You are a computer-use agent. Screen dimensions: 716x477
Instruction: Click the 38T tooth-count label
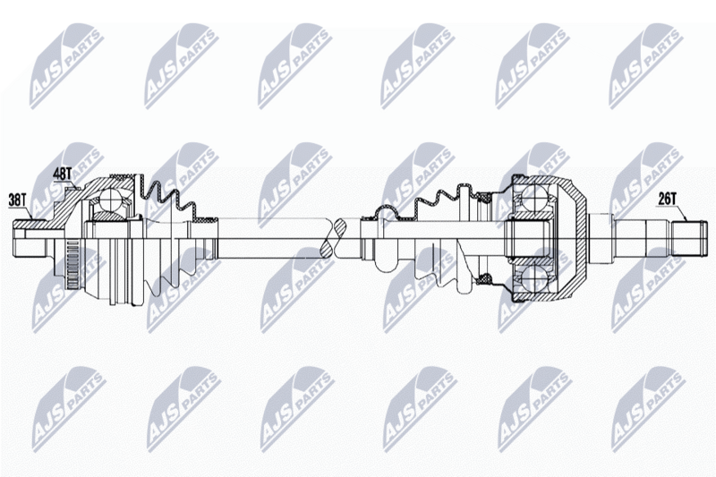tap(18, 200)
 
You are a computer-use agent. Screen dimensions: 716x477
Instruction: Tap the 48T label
tap(63, 174)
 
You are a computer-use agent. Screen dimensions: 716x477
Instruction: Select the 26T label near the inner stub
tap(667, 199)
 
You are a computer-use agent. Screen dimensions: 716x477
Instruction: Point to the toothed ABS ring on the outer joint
tap(70, 264)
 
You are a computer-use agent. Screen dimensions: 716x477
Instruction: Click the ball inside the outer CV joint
tap(108, 199)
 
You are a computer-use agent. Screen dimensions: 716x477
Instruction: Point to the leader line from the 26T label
tap(681, 213)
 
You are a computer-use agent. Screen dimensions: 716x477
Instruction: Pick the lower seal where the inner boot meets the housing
tap(484, 278)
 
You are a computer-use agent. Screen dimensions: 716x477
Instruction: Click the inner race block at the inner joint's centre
tap(529, 239)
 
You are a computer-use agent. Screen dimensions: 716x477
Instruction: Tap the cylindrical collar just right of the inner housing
tap(599, 239)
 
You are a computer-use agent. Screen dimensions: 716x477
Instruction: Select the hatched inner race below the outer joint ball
tap(109, 215)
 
